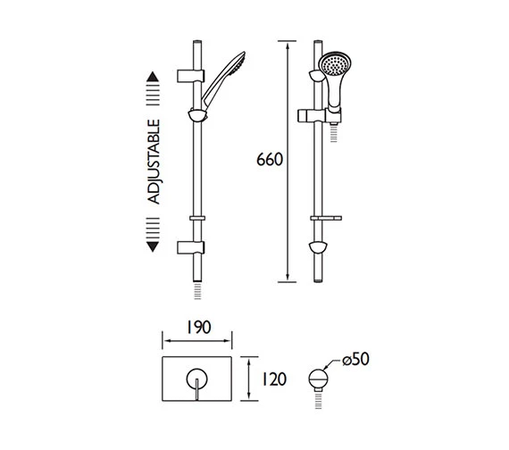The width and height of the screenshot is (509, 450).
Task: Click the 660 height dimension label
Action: point(269,161)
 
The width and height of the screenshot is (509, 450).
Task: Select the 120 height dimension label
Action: point(275,380)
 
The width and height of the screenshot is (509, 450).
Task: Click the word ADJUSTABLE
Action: point(154,162)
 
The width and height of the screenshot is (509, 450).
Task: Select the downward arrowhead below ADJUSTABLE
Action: point(153,245)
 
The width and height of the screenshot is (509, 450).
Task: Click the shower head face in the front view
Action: point(332,66)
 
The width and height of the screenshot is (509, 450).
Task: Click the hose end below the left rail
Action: point(196,294)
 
